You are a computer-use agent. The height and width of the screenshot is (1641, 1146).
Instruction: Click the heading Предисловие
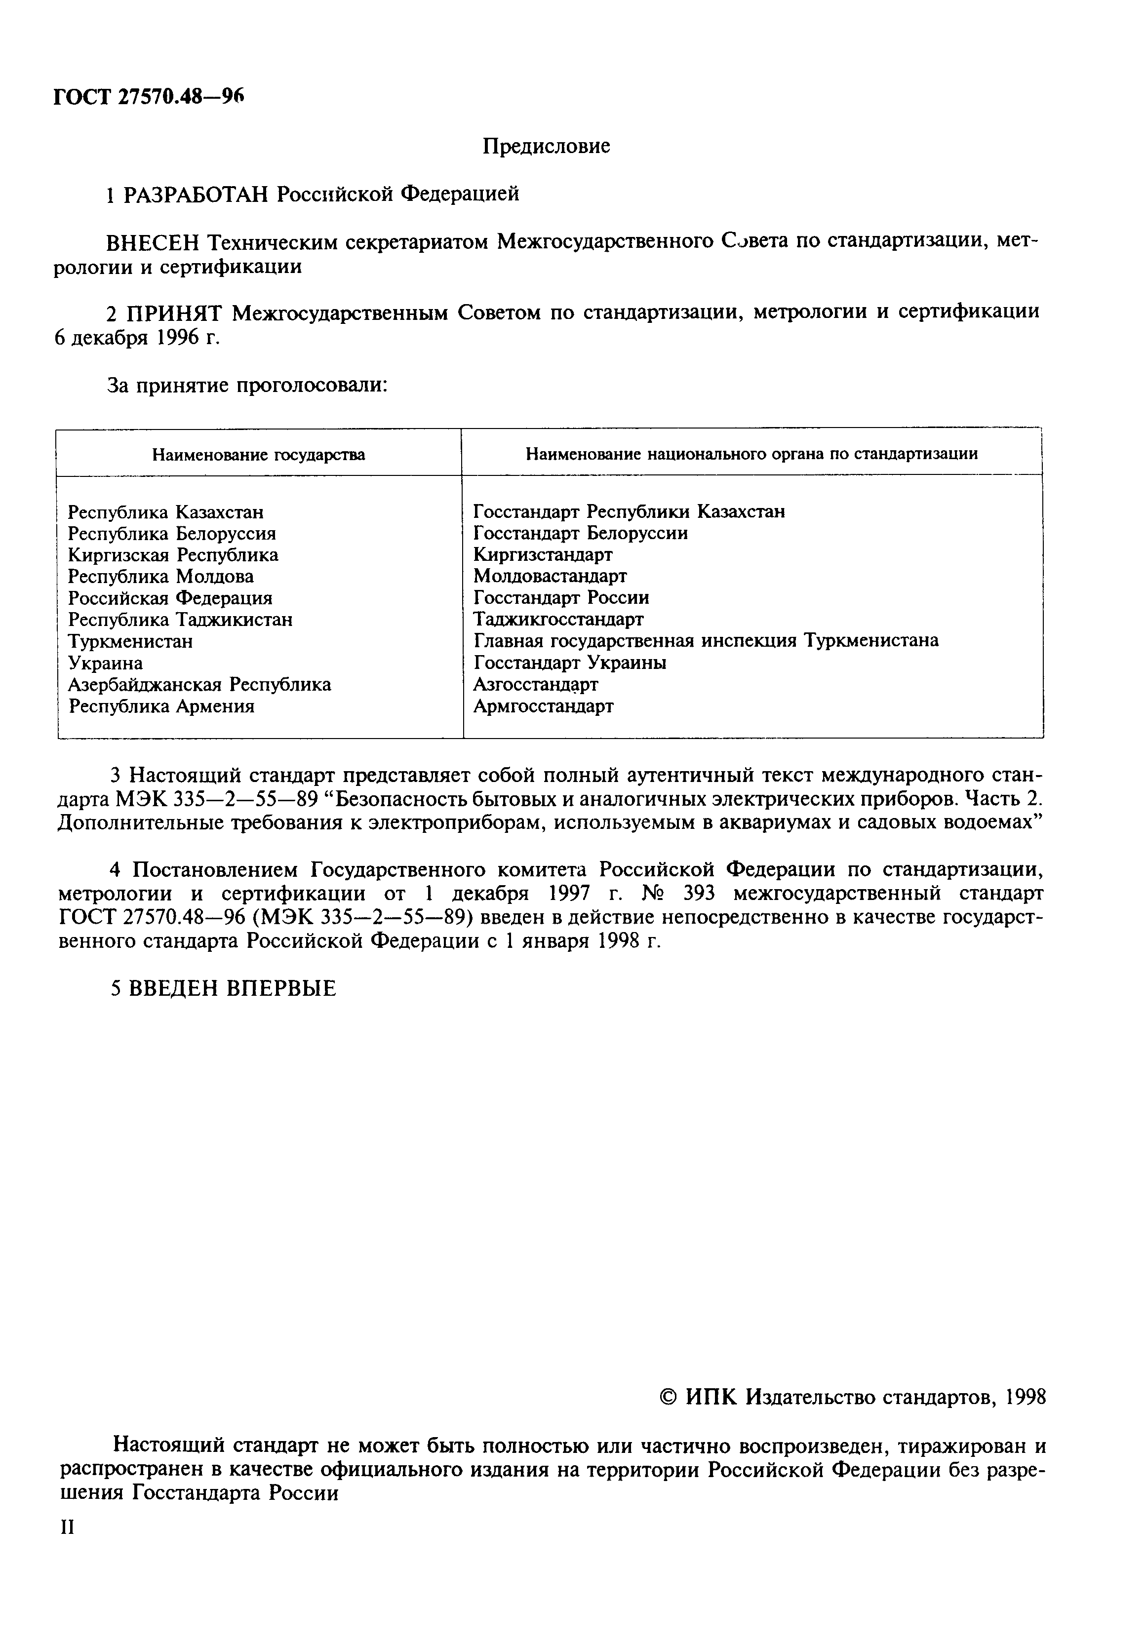(x=546, y=147)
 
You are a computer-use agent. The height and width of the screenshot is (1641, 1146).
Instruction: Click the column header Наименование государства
(x=258, y=455)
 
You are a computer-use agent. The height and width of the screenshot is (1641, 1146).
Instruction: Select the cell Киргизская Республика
(x=173, y=555)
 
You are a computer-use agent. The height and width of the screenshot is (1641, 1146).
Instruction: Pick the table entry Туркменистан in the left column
(x=130, y=641)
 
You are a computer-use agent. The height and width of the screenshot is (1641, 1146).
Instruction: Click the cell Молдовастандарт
(x=550, y=576)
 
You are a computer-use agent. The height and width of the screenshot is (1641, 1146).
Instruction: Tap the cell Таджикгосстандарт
(x=557, y=619)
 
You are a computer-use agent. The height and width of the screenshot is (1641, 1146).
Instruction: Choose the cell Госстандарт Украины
(x=569, y=663)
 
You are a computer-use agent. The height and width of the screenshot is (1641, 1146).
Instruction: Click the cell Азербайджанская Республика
(x=199, y=685)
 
